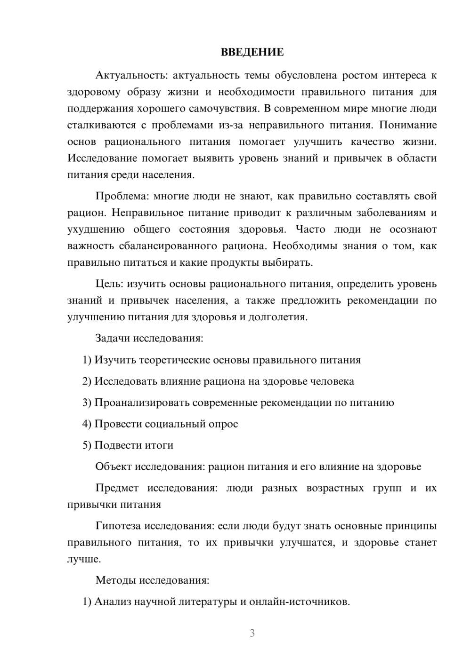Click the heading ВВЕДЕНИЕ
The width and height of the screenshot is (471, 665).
(x=252, y=52)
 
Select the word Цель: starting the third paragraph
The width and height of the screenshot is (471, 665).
(x=109, y=284)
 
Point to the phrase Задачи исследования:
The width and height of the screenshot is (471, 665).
(x=149, y=338)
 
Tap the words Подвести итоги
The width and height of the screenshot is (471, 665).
(x=134, y=445)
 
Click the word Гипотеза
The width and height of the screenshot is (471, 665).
(x=118, y=526)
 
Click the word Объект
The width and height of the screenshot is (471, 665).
(x=114, y=467)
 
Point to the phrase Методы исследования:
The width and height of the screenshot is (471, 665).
(x=152, y=580)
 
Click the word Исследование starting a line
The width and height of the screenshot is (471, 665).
(x=101, y=158)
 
